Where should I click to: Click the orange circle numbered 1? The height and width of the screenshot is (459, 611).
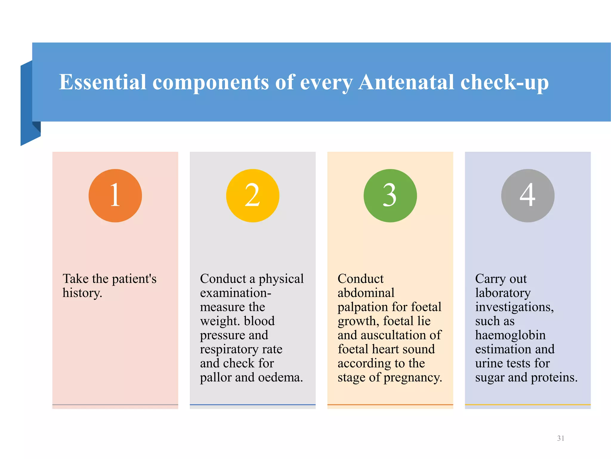point(115,196)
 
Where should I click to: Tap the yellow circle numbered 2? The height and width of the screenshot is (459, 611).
point(253,196)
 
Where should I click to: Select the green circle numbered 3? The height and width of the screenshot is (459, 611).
point(390,196)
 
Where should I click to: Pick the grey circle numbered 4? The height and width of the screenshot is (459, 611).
point(528,196)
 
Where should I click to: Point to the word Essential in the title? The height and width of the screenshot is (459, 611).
point(103,82)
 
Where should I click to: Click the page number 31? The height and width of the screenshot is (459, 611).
point(561,438)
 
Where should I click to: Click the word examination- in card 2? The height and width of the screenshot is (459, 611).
point(235,293)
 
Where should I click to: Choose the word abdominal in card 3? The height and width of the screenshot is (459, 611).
point(366,293)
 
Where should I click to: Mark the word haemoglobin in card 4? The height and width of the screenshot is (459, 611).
point(510,335)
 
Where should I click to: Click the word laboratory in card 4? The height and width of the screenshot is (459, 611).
point(503,293)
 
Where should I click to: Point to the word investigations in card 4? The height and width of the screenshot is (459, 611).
point(514,307)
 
